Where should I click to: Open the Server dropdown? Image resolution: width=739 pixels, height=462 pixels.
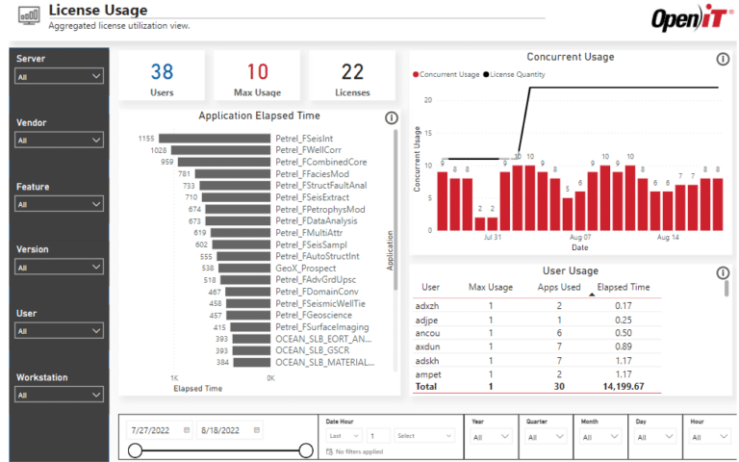(59, 76)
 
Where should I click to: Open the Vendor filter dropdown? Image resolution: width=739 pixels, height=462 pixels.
(59, 141)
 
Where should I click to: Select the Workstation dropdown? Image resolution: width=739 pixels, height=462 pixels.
(59, 395)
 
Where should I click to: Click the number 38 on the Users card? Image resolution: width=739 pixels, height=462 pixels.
(162, 71)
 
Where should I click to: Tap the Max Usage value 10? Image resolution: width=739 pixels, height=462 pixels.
(257, 71)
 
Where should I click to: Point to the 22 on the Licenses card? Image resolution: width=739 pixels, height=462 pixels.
(352, 71)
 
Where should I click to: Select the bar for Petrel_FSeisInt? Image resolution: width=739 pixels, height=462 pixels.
(215, 139)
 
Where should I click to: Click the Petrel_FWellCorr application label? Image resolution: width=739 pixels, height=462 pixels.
(308, 150)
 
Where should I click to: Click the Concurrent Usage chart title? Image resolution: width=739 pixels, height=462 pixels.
(570, 57)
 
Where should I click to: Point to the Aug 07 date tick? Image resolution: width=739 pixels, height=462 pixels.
(580, 237)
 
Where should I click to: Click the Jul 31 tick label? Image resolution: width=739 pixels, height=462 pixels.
(493, 237)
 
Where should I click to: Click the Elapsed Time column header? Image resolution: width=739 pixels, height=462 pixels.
(623, 287)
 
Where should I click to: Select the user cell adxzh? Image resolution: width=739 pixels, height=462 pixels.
(427, 305)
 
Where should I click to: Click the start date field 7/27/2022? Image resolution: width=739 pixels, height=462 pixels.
(154, 430)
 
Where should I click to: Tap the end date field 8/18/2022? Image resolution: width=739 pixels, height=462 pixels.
(225, 430)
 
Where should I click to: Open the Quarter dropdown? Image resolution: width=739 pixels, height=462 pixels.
(546, 436)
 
